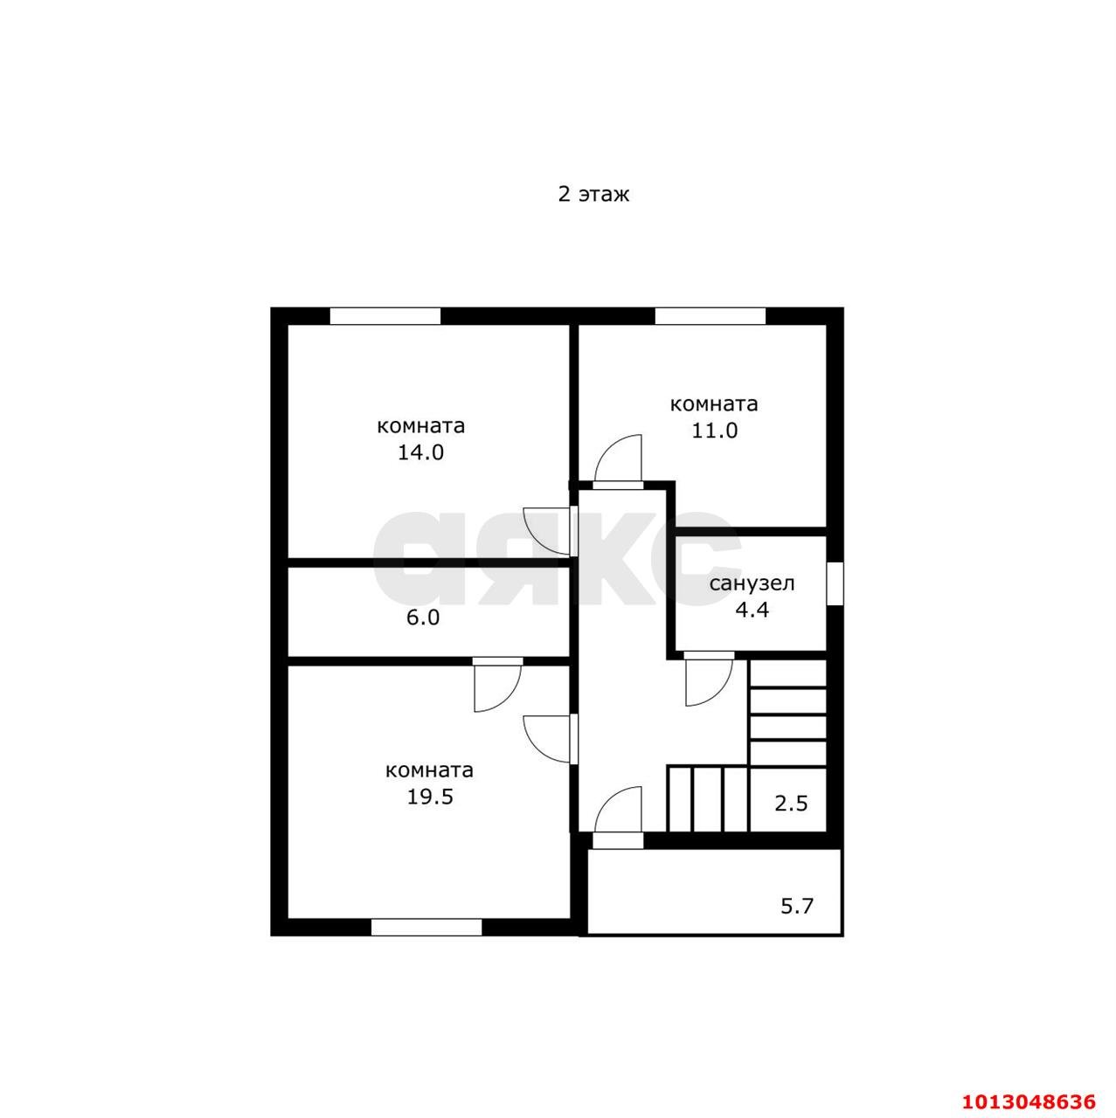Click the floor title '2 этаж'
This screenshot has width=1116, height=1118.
coord(593,195)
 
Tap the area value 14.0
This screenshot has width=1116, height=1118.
coord(420,452)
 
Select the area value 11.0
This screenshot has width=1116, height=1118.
coord(714,430)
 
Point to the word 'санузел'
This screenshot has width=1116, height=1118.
coord(752,583)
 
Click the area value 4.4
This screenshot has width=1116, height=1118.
coord(752,610)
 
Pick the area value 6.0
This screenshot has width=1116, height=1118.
coord(423,618)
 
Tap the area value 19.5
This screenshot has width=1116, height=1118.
coord(430,797)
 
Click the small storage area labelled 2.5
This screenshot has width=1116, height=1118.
coord(791,804)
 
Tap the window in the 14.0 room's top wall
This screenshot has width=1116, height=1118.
coord(385,315)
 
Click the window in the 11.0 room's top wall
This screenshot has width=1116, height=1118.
coord(710,315)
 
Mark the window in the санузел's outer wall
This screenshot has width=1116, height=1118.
coord(835,583)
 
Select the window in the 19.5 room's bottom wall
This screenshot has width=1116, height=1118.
coord(426,927)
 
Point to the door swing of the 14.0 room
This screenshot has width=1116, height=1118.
coord(547,531)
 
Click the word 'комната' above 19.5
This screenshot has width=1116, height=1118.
coord(430,770)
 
